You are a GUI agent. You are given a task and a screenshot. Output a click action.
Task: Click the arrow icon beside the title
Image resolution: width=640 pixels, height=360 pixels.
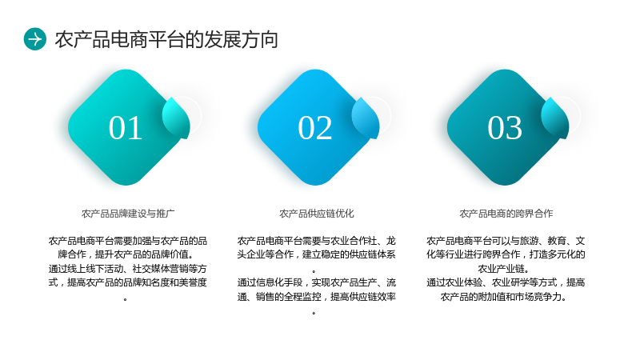(35, 39)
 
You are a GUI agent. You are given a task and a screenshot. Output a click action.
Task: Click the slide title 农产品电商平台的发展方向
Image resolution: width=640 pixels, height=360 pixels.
(166, 39)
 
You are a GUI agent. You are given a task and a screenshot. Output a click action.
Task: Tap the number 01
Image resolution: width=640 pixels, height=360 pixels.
(126, 128)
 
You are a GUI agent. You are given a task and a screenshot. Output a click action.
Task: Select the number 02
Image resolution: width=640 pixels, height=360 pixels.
(314, 128)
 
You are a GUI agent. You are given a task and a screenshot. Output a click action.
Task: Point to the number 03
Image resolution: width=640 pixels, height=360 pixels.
(505, 128)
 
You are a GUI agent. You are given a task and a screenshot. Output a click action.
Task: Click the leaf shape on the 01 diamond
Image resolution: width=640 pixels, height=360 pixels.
(176, 118)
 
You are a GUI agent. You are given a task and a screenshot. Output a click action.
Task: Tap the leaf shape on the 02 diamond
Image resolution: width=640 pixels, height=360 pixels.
(366, 118)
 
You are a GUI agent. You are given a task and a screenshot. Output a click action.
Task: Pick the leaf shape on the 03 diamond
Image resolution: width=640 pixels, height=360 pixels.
(555, 118)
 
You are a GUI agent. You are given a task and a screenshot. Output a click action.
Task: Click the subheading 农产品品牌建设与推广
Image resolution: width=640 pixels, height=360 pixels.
(128, 214)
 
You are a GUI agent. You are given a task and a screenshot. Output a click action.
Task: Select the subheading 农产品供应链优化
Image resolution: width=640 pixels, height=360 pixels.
(317, 214)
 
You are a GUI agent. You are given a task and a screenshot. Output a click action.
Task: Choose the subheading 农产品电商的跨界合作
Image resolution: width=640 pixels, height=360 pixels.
(506, 214)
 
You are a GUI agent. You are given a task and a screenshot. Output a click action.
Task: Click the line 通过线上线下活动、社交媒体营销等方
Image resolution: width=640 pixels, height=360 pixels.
(128, 269)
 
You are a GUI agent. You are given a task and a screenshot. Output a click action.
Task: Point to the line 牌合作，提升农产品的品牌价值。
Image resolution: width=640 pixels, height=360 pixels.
(126, 254)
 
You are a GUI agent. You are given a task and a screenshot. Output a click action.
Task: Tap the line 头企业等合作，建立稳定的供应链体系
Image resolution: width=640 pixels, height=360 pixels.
(316, 254)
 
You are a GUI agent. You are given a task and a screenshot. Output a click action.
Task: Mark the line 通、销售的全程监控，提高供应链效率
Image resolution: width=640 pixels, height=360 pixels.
(316, 297)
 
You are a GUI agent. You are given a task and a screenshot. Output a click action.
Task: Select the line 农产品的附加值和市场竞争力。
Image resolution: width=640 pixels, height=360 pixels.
(504, 297)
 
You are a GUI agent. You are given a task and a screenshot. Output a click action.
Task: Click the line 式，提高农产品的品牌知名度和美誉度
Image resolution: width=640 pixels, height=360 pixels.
(128, 282)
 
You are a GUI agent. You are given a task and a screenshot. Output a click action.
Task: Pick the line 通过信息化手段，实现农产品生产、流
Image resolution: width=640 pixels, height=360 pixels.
(316, 282)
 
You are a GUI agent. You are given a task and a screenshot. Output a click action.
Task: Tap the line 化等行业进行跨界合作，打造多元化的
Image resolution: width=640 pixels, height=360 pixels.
(506, 254)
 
